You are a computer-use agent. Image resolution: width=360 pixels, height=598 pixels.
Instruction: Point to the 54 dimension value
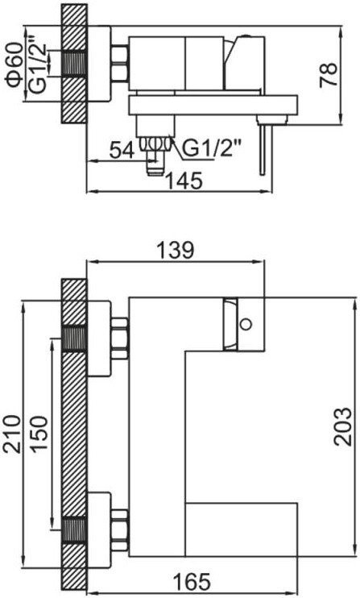coord(123,149)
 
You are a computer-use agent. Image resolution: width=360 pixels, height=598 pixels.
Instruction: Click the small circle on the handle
coord(246,326)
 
